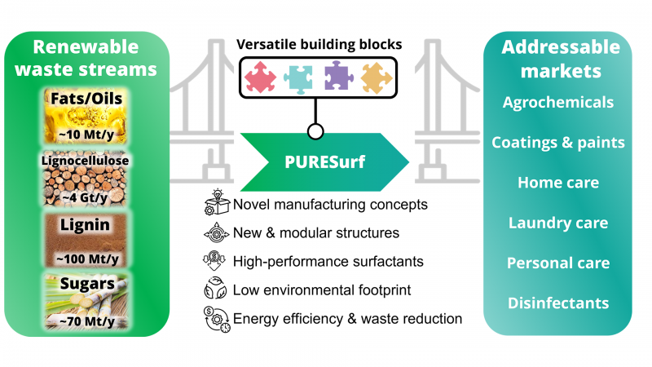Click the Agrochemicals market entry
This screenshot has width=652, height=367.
(x=558, y=103)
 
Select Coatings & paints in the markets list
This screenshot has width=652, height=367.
(x=558, y=143)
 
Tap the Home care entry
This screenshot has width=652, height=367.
(x=558, y=183)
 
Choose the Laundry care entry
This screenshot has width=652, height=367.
(x=558, y=223)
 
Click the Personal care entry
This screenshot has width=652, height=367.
(x=558, y=263)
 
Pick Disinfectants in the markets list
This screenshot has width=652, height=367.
(x=558, y=303)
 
